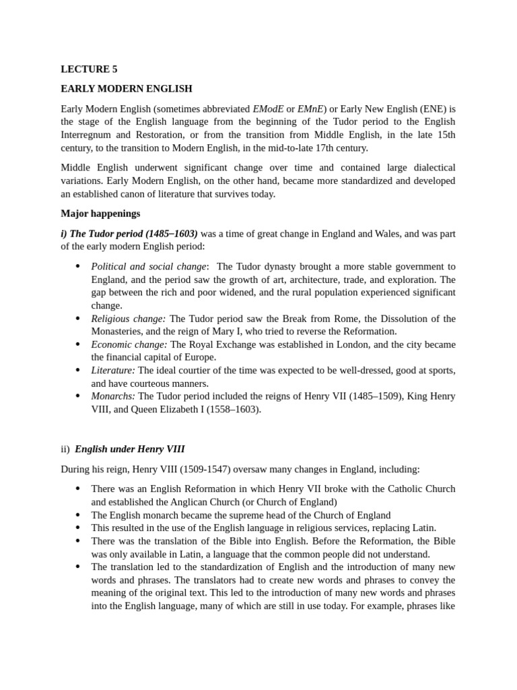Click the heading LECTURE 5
pyautogui.click(x=84, y=69)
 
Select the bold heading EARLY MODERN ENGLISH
pyautogui.click(x=127, y=89)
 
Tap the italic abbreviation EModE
pyautogui.click(x=268, y=108)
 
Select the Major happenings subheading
pyautogui.click(x=100, y=214)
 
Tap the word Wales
pyautogui.click(x=385, y=234)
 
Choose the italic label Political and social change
pyautogui.click(x=149, y=266)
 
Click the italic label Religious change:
pyautogui.click(x=129, y=319)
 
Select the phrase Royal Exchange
pyautogui.click(x=223, y=344)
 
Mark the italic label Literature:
pyautogui.click(x=113, y=371)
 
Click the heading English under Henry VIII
pyautogui.click(x=129, y=449)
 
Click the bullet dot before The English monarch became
pyautogui.click(x=77, y=515)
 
